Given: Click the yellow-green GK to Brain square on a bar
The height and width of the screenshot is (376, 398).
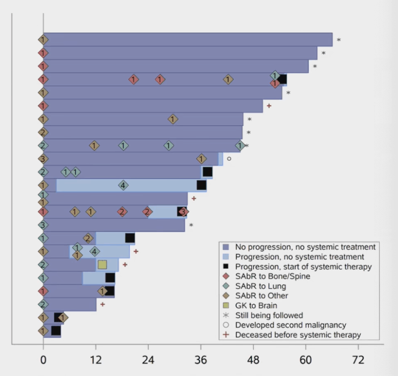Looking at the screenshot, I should click(x=102, y=264).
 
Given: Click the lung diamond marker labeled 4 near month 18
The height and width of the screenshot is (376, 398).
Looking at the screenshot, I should click(x=123, y=185).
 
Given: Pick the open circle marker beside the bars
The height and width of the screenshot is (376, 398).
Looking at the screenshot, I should click(x=229, y=158).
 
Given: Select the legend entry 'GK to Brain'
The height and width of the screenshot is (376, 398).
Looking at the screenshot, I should click(x=256, y=305).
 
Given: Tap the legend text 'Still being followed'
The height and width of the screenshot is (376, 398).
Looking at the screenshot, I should click(x=269, y=315).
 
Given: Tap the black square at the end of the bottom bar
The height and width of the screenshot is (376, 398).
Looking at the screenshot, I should click(x=56, y=330).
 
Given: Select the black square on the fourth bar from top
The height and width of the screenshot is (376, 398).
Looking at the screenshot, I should click(x=282, y=79).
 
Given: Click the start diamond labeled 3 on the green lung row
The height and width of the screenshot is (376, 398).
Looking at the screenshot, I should click(x=43, y=225).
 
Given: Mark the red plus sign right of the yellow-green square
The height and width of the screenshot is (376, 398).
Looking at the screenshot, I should click(x=125, y=265).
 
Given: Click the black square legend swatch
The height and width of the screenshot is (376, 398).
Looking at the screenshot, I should click(x=226, y=267).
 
